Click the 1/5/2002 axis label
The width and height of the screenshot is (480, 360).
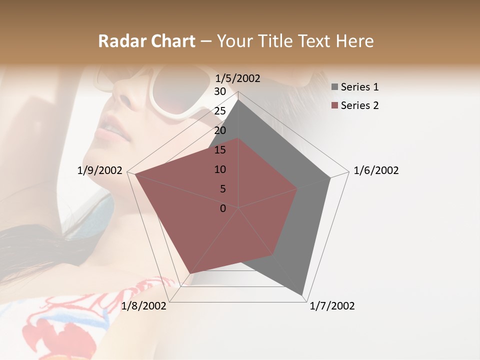click(237, 78)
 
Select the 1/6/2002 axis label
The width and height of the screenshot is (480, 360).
click(376, 170)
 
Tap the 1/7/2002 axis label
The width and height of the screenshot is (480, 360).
click(332, 306)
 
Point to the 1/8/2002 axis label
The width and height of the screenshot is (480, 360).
click(143, 306)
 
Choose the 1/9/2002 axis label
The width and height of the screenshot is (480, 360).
click(99, 170)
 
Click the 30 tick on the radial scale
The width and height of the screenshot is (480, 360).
click(220, 91)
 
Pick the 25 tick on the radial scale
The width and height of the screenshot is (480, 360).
click(220, 111)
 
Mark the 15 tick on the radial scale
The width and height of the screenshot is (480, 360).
click(220, 150)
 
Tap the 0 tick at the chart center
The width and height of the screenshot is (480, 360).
click(223, 208)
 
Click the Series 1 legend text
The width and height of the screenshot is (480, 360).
click(359, 87)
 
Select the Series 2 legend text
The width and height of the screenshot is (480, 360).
click(359, 105)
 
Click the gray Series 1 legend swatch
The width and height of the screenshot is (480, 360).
click(334, 87)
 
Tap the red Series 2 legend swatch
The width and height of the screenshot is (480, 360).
click(334, 105)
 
